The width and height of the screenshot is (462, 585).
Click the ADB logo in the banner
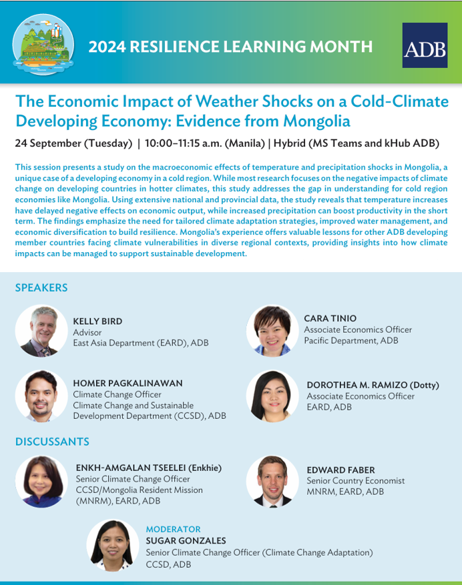coord(425,45)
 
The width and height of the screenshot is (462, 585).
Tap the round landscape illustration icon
coord(43,45)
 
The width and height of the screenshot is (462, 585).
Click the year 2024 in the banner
coord(107,47)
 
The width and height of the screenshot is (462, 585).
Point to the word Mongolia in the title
coord(316,121)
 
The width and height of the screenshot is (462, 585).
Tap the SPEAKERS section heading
coord(41,287)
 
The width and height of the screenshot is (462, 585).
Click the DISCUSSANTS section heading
coord(52,442)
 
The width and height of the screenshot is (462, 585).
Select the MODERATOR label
coord(174,529)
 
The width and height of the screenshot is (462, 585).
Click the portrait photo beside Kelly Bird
coord(41,331)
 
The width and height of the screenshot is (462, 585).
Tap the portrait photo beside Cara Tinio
coord(272,331)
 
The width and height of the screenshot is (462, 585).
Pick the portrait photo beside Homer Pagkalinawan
coord(41,396)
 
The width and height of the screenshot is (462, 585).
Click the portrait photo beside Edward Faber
coord(272,482)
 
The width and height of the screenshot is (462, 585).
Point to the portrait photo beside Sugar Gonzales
coord(113,546)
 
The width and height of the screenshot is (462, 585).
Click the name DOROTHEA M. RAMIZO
coord(357,385)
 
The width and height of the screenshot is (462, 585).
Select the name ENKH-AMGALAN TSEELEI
coord(131,468)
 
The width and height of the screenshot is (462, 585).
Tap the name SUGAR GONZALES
coord(186,540)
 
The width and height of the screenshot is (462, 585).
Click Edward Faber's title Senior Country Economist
coord(356,480)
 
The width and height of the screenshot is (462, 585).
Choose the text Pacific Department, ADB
coord(351,341)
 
